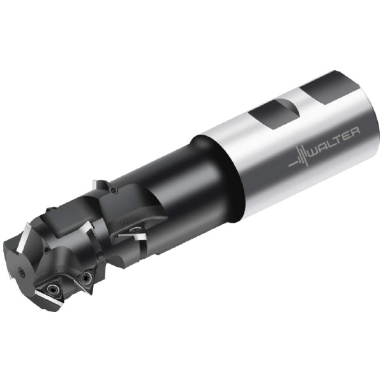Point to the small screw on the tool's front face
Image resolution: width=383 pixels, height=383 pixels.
[x=22, y=271]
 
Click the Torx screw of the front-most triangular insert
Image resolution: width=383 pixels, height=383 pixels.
[x=52, y=289]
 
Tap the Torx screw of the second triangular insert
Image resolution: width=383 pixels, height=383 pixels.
[x=86, y=277]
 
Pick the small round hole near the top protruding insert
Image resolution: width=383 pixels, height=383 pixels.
[x=112, y=190]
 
